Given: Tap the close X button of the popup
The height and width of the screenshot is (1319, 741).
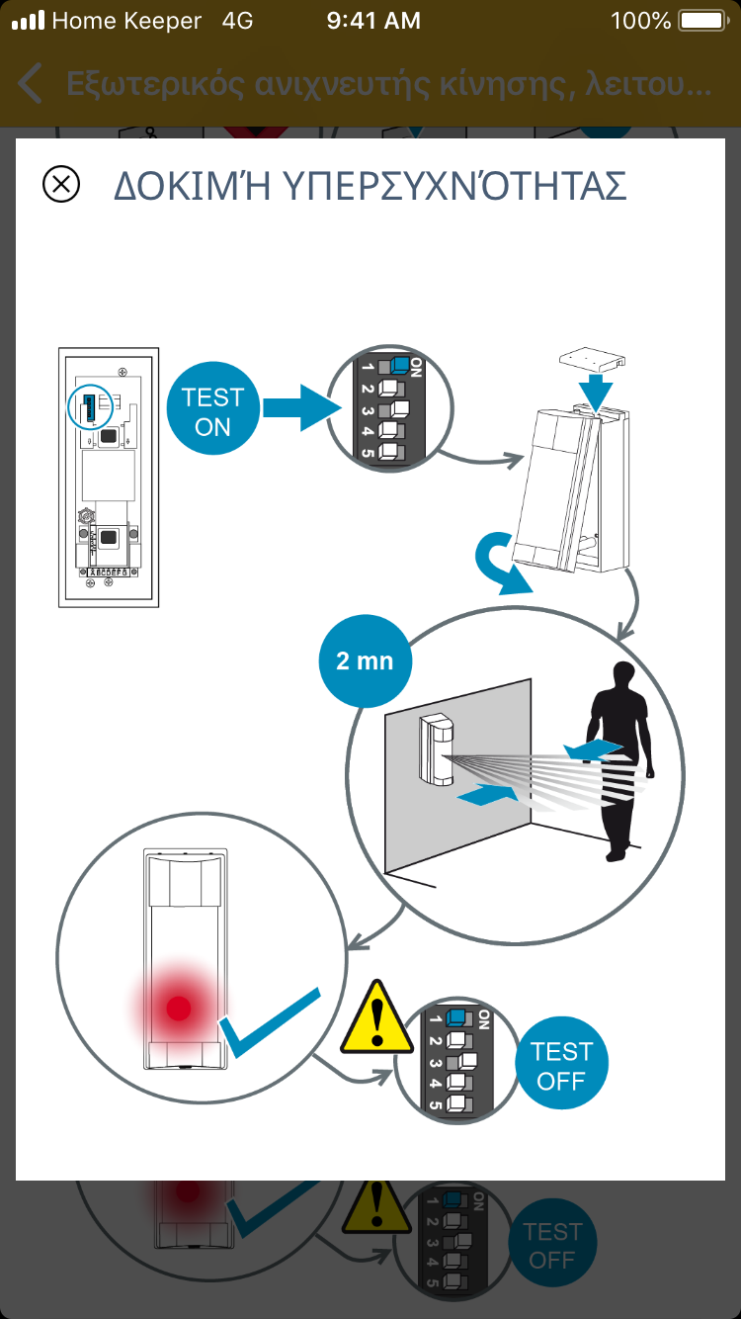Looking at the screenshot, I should coord(61,185).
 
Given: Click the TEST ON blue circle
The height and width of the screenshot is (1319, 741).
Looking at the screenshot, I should coord(212,412).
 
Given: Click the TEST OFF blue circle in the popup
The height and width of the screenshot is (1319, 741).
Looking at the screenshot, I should coord(561,1066).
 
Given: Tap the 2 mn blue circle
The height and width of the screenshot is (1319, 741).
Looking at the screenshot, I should coord(365,660).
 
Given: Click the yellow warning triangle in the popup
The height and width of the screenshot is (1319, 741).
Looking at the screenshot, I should coord(376,1018).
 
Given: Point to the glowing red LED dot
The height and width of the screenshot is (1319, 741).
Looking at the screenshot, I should coord(179,1008).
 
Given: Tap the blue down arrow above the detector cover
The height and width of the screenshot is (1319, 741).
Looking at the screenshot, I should coord(596,391).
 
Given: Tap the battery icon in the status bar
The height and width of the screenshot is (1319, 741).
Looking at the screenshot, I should coord(702,20).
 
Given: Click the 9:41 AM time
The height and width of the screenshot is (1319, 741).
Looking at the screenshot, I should coord(372,20).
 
